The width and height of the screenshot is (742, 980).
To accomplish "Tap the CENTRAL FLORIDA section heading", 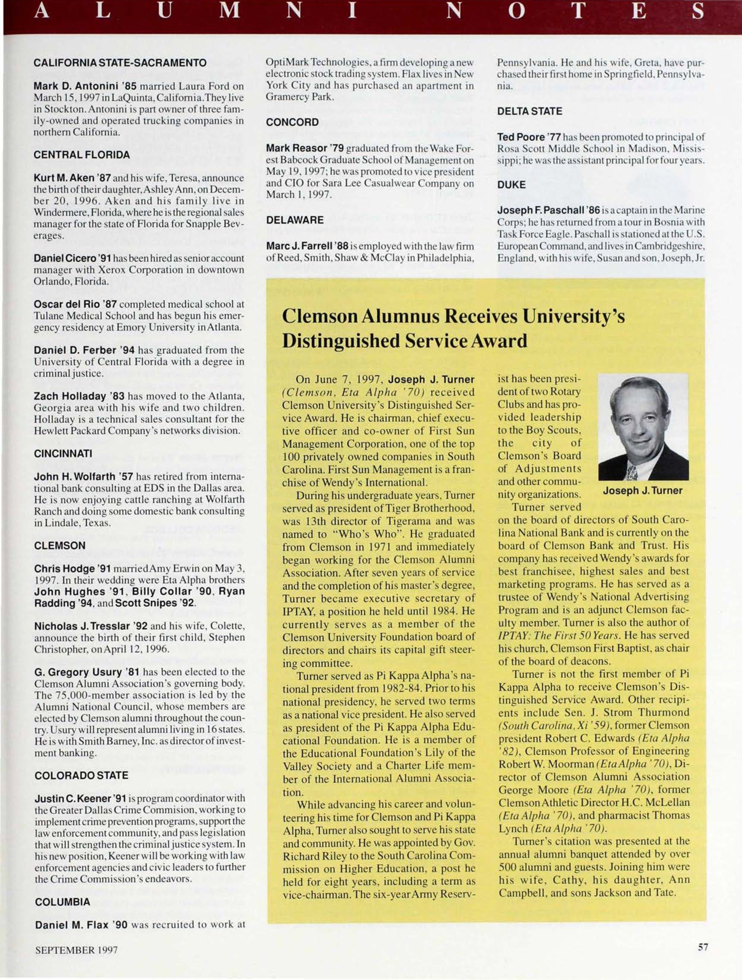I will click(82, 155).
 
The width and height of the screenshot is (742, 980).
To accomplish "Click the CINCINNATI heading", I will click(63, 454).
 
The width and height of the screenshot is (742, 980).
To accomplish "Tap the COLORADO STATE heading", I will click(81, 775).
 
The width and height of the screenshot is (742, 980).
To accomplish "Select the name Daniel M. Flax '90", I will click(81, 925).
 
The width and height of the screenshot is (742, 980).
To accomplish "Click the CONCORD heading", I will click(292, 122).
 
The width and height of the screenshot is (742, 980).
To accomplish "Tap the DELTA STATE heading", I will click(529, 111).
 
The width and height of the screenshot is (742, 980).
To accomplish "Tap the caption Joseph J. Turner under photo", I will click(643, 490).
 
